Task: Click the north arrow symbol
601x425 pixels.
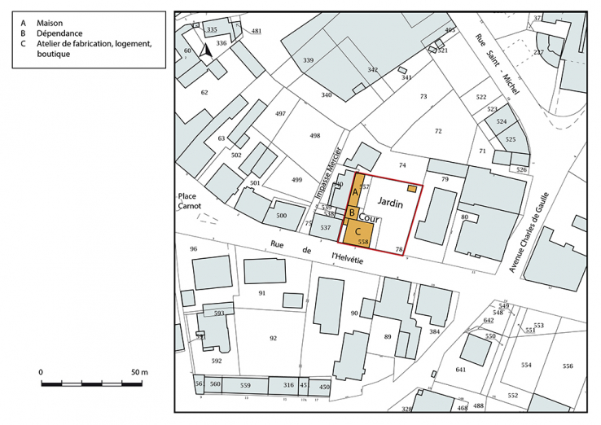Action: pos(207,52)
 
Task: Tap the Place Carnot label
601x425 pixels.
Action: pos(191,201)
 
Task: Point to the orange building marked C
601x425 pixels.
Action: pos(358,231)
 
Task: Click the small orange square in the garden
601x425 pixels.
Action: pos(412,188)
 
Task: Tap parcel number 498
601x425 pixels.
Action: pos(314,136)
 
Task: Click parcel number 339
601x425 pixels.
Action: pos(308,61)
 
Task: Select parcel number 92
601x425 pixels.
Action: pos(273,337)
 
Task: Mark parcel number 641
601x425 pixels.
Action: pos(461,370)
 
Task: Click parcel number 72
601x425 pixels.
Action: pos(438,130)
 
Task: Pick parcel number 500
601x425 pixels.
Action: pos(281,215)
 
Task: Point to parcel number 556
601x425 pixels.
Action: pos(567,366)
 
